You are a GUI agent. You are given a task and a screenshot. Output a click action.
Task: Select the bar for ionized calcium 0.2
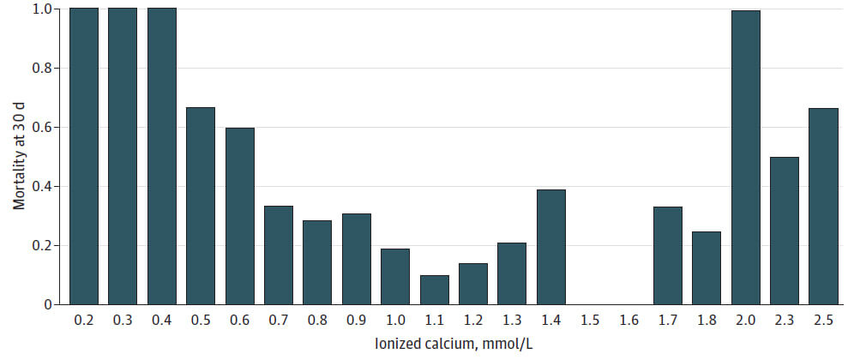(84, 156)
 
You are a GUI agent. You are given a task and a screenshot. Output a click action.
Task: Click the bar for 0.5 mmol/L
(201, 206)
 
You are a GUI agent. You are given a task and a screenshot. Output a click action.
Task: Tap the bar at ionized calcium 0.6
(240, 216)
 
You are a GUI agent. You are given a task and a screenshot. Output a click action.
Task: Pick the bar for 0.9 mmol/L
(357, 259)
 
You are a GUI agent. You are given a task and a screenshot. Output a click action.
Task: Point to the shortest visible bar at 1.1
(434, 290)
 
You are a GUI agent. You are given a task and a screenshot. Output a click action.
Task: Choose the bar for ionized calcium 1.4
(551, 247)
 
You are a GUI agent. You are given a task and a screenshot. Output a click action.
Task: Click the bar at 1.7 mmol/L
(667, 255)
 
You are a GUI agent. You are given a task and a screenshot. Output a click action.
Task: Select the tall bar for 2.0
(745, 158)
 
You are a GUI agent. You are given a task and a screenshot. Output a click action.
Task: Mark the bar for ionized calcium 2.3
(785, 231)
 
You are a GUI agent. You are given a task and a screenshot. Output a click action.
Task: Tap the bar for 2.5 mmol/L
(823, 207)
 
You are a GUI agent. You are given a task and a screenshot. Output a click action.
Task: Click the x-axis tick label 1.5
(590, 320)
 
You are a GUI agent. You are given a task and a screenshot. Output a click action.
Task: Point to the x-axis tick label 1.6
(628, 320)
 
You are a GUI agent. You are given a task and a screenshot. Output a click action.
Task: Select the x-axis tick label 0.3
(123, 320)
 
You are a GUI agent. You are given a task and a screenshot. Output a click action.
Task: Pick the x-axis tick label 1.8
(707, 320)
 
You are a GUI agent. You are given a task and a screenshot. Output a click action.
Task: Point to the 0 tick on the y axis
(48, 304)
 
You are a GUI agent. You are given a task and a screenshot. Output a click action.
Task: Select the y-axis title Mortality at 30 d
(18, 156)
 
